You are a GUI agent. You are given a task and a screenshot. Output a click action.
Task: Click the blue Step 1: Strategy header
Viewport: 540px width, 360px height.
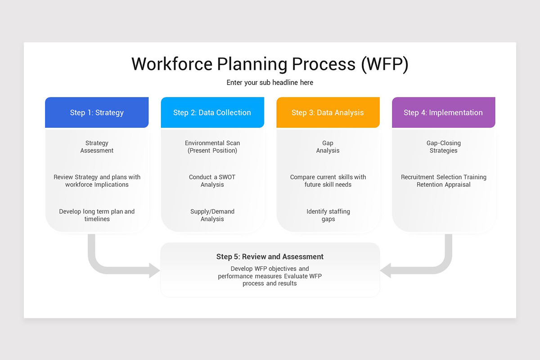point(97,112)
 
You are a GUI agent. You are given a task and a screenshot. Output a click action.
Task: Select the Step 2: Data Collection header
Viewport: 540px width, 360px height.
point(212,112)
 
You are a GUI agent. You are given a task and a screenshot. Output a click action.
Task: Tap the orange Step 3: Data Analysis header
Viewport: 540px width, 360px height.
point(328,112)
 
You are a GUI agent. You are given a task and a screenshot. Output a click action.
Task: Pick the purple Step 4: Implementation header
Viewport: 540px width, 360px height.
point(443,112)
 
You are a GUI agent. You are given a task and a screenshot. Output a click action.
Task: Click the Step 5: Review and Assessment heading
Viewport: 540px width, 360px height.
point(270,257)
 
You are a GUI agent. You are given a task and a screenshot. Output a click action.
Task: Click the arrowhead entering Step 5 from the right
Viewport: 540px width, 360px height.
point(386,270)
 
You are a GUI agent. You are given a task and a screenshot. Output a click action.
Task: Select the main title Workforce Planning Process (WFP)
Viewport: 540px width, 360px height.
point(270,64)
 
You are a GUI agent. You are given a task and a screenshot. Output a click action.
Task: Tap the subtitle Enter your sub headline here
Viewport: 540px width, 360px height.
point(270,83)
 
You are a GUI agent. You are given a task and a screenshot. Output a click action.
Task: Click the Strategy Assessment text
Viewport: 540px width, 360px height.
point(97,147)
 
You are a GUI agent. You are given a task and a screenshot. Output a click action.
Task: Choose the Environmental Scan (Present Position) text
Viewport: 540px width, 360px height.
point(212,147)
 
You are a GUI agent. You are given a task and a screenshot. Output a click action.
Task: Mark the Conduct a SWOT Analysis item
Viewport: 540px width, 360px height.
point(212,181)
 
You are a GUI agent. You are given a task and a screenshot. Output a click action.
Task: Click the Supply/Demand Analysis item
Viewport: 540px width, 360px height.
point(212,215)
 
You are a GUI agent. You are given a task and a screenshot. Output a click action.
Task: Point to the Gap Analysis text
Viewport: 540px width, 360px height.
point(328,147)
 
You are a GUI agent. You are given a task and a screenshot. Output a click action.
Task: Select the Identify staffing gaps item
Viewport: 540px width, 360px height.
point(328,215)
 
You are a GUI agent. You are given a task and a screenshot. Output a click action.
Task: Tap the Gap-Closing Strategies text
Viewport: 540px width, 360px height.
point(443,147)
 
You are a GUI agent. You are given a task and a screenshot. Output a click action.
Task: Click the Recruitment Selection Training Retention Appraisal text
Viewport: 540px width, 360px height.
point(443,181)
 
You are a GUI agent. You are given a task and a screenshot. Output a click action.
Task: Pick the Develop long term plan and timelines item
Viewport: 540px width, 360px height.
point(97,215)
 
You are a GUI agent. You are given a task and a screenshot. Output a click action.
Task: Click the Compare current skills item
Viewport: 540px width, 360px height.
point(328,181)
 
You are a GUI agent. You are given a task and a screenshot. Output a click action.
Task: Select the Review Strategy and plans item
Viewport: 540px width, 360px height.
point(97,181)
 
